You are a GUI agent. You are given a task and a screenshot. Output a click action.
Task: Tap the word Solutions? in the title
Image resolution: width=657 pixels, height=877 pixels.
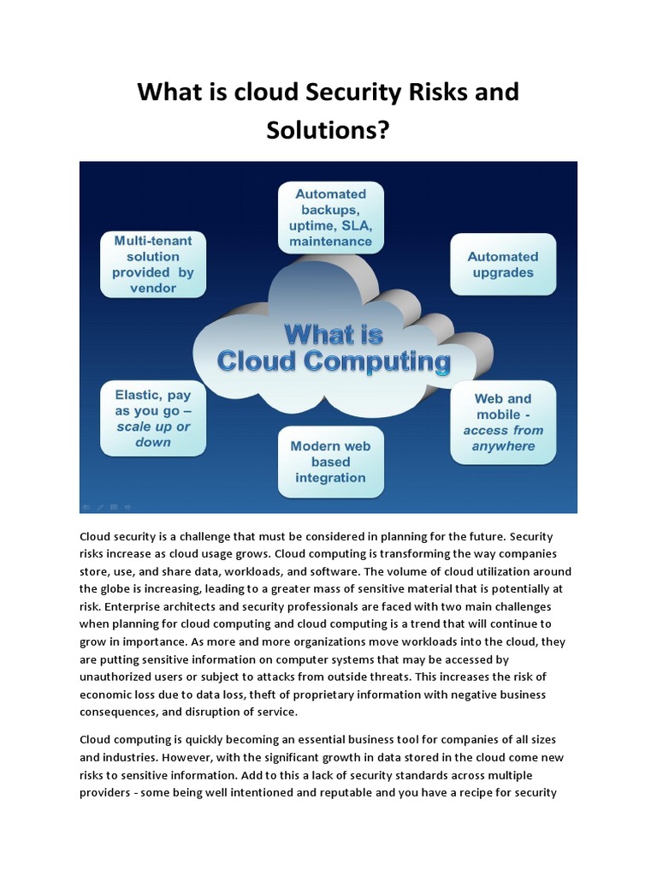(x=328, y=130)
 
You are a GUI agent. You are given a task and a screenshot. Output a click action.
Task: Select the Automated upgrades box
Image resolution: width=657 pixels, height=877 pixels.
(x=503, y=265)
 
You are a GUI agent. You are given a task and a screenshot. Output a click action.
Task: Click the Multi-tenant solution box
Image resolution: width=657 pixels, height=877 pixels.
(x=153, y=265)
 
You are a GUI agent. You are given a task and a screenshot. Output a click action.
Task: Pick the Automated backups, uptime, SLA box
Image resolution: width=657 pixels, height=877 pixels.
(x=330, y=218)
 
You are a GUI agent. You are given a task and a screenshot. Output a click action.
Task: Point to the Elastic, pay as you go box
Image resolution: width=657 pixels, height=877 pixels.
(x=153, y=419)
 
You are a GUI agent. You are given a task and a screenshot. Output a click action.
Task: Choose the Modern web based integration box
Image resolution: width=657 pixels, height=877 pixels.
(x=330, y=462)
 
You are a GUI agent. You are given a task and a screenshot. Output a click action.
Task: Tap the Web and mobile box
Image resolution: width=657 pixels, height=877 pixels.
(x=503, y=422)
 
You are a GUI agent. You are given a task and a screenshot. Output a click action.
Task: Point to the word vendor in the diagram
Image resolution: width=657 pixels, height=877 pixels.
(x=153, y=289)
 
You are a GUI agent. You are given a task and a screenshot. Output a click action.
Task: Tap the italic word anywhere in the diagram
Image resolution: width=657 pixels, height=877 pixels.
(x=503, y=446)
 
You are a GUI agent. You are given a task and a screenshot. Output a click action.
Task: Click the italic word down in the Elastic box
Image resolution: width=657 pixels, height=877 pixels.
(x=153, y=443)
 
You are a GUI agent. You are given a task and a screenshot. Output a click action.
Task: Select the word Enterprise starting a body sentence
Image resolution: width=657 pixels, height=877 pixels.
(x=112, y=606)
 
